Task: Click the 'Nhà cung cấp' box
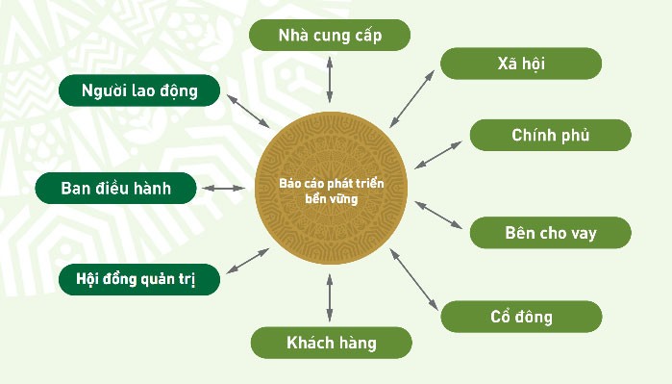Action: [x=330, y=36]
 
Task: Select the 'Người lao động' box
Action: [x=139, y=91]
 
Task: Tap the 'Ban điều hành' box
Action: [x=115, y=188]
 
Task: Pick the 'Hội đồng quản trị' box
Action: [x=139, y=280]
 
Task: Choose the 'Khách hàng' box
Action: [x=331, y=343]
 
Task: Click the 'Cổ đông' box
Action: [x=521, y=316]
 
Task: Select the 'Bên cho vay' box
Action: [x=550, y=233]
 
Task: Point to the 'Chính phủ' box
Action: [x=550, y=135]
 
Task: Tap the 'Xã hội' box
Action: [x=521, y=64]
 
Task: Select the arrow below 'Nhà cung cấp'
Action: [x=330, y=79]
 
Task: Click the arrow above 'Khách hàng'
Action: [x=330, y=297]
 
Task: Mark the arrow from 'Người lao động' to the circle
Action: [x=246, y=111]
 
